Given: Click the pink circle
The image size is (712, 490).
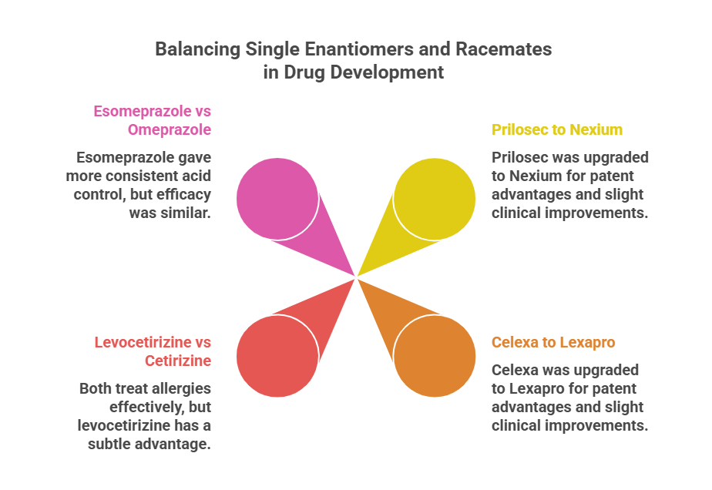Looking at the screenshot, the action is tap(277, 199).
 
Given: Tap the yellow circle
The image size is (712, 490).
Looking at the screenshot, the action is tap(435, 199).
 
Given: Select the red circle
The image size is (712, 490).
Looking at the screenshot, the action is tap(277, 356).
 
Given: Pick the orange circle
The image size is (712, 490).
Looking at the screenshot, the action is tap(435, 356).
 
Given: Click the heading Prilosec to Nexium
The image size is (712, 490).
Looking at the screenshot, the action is tap(557, 129).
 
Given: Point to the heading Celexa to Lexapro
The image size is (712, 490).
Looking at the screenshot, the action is tap(553, 342).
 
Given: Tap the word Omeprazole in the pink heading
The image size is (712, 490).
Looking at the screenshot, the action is tap(170, 130).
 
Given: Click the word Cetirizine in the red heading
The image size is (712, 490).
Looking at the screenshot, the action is tap(178, 361).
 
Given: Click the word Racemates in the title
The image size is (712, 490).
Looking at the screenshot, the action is tap(504, 49).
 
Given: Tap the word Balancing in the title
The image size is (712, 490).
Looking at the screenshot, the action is tap(197, 49).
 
